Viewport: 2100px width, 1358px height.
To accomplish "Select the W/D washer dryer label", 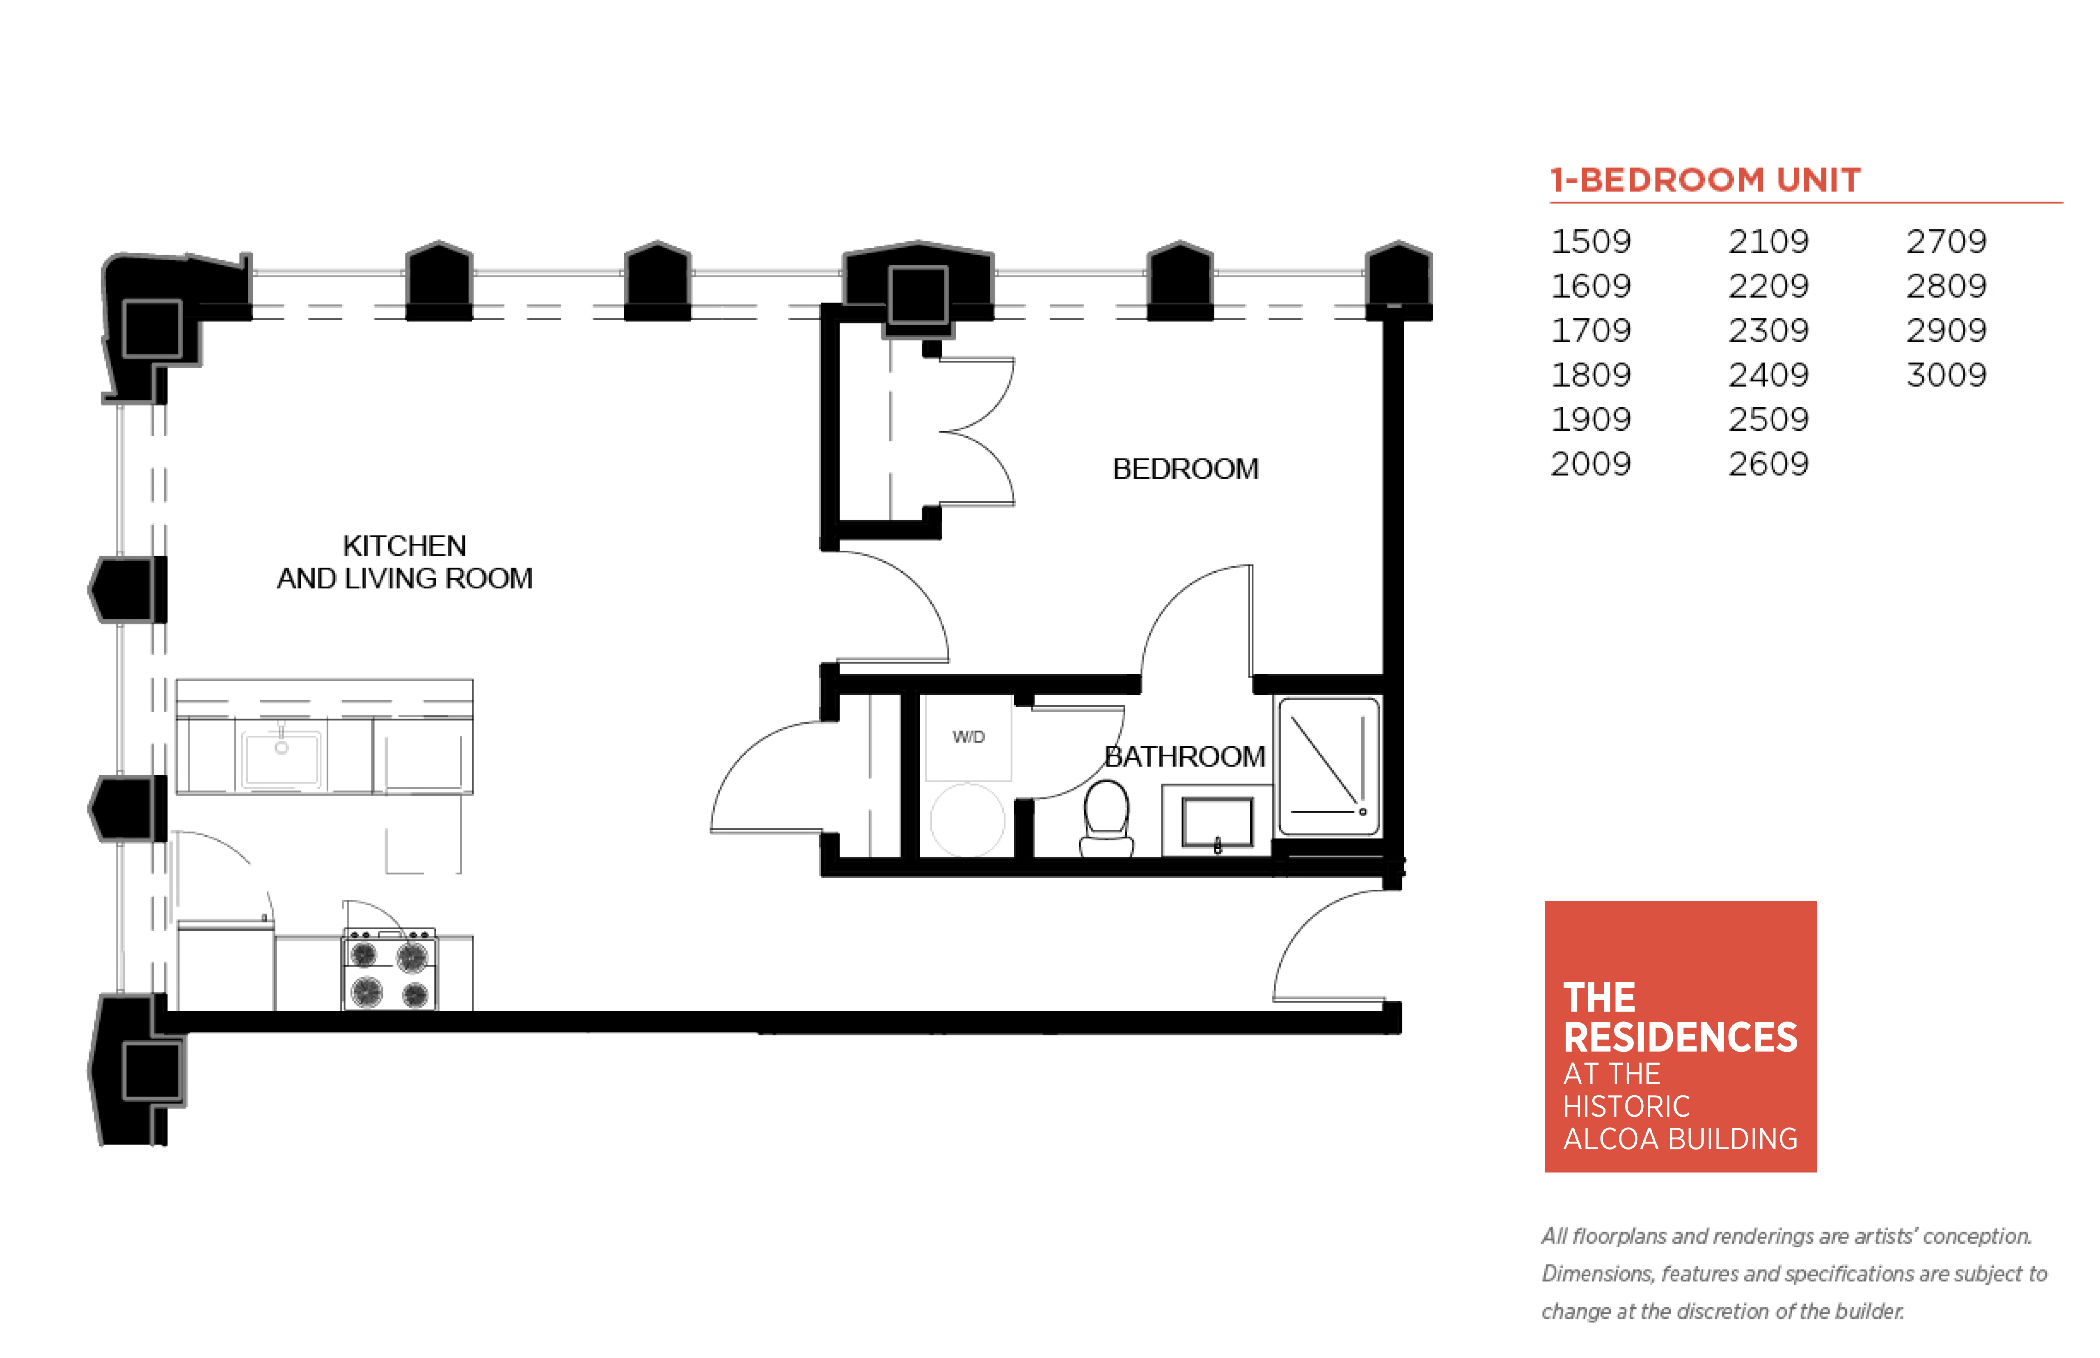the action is point(968,736).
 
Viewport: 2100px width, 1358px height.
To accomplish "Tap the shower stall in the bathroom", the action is point(1328,765).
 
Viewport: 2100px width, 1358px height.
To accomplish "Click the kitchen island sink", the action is point(281,757).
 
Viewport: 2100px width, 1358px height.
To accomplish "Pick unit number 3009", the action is point(1946,375).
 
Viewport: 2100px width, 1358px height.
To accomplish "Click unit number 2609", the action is point(1768,464).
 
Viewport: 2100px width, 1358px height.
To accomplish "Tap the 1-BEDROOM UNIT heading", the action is point(1705,180).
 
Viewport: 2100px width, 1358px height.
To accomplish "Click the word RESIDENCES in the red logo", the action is point(1679,1037).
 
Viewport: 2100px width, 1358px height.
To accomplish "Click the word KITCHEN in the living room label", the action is point(404,546).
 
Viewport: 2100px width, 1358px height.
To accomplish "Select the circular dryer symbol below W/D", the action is point(967,820).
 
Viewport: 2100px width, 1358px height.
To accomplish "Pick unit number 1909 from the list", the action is point(1590,419).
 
